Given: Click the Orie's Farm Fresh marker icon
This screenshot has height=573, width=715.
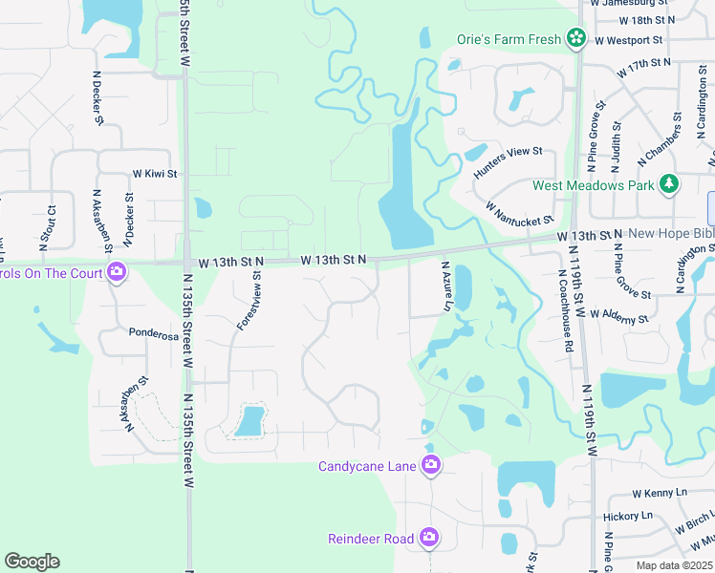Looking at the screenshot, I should click(x=575, y=38).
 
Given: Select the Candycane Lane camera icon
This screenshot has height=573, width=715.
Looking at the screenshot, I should click(x=430, y=465).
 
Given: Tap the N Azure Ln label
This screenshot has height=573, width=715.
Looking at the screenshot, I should click(x=445, y=286).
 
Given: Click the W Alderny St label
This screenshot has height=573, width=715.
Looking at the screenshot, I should click(x=619, y=316).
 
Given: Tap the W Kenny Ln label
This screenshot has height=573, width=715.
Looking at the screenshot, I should click(x=661, y=493).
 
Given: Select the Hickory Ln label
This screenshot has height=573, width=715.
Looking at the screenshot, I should click(x=627, y=516).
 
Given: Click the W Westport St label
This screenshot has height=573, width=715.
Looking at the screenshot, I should click(x=629, y=40).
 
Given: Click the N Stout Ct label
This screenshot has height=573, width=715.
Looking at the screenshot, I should click(x=52, y=220).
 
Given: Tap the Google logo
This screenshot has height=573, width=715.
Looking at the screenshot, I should click(x=32, y=562).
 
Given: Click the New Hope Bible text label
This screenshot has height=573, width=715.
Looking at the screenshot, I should click(x=668, y=235).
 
